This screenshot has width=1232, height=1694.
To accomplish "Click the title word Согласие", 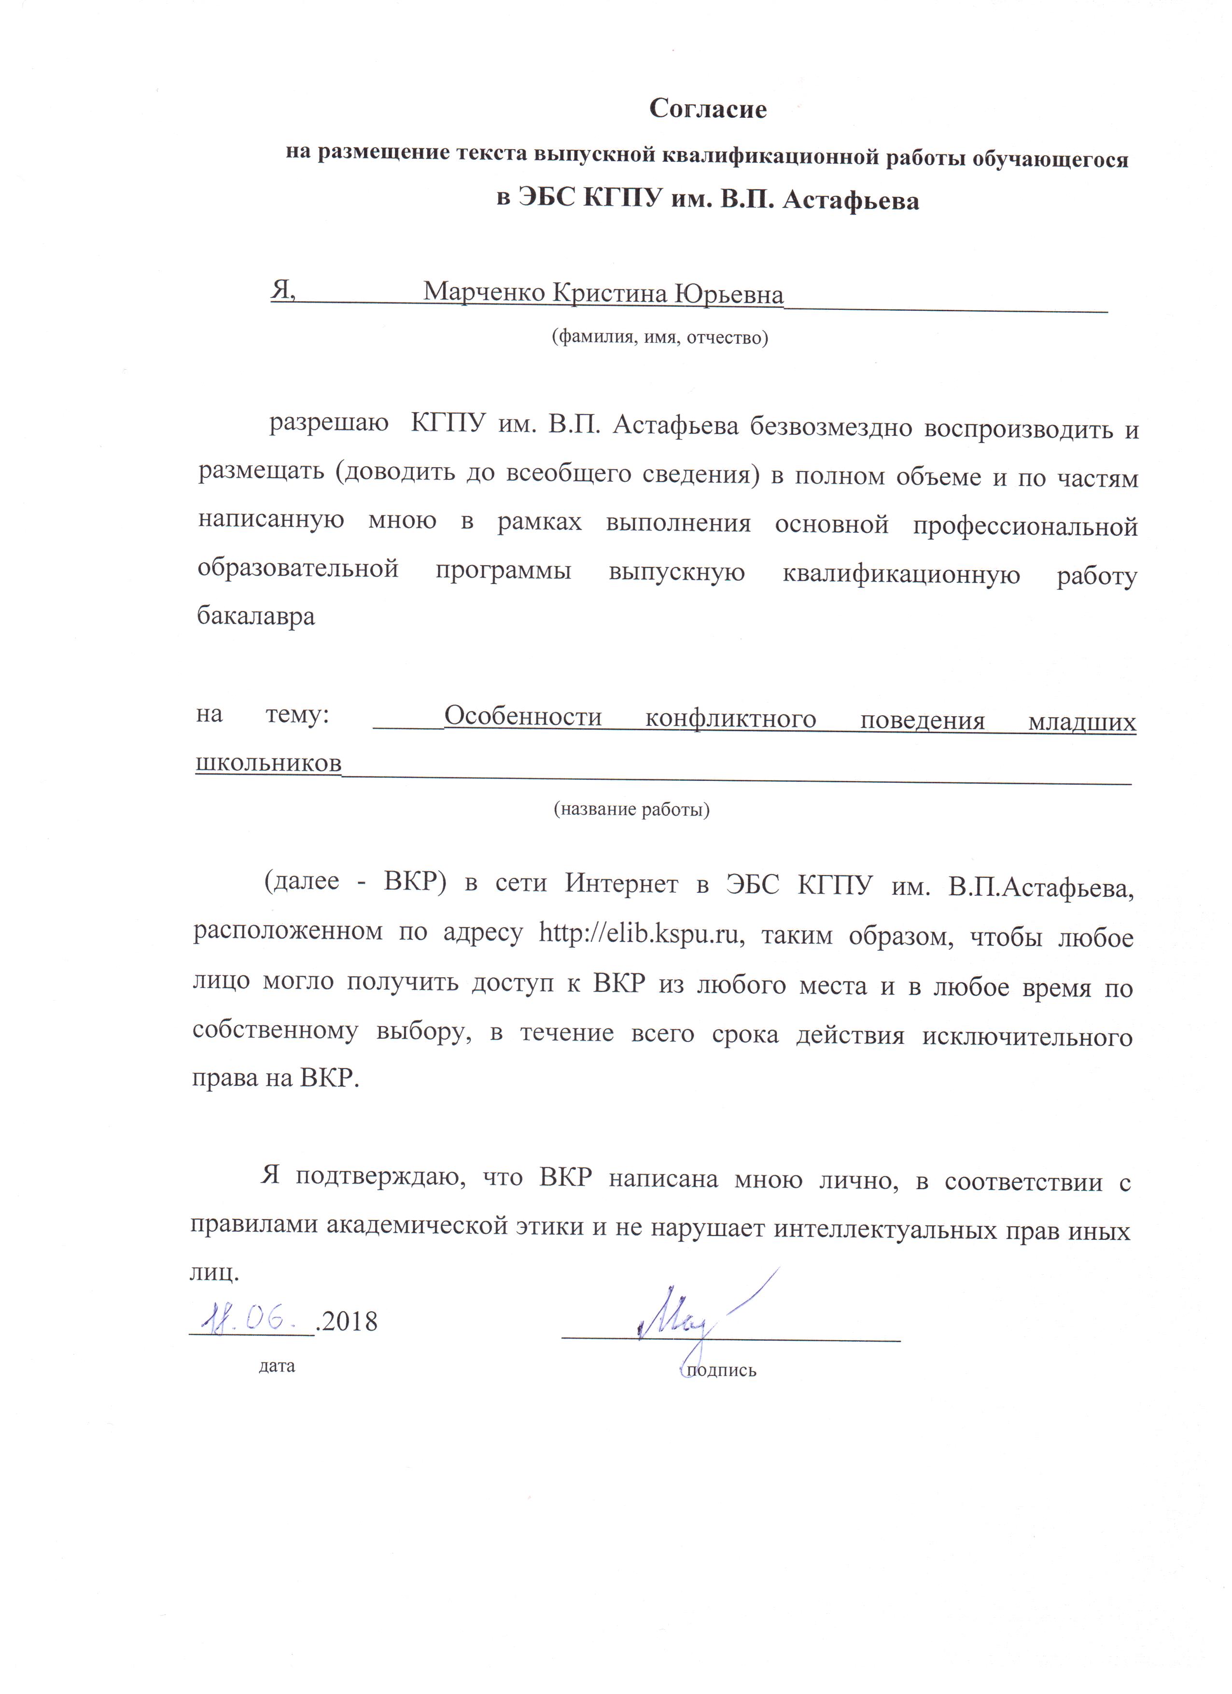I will [x=708, y=109].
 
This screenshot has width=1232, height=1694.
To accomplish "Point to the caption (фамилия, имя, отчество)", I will [x=660, y=337].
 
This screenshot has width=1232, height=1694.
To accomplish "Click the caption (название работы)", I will [x=631, y=809].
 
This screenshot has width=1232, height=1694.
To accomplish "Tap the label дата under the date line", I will [x=277, y=1366].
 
